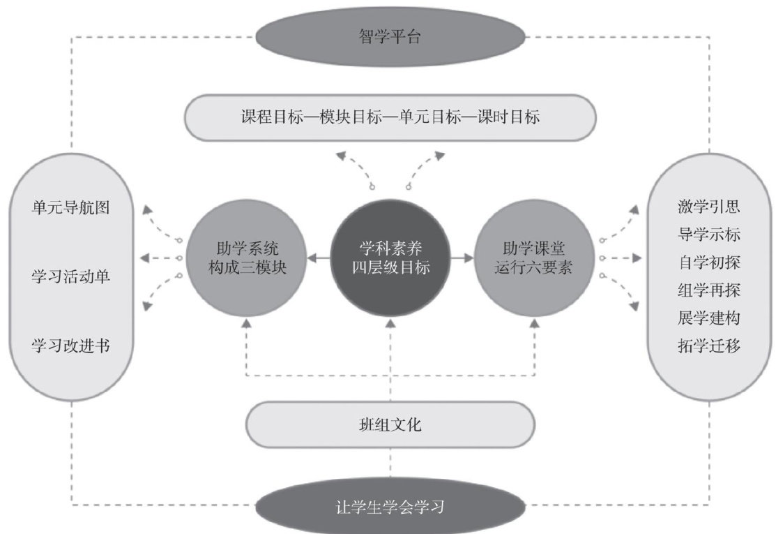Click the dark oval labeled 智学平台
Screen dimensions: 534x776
390,36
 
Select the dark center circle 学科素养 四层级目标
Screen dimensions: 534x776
390,258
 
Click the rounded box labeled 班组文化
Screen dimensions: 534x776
390,424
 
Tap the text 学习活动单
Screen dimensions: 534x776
70,276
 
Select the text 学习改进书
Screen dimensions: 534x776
70,346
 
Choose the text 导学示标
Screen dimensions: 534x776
708,235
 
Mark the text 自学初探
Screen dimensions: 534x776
708,262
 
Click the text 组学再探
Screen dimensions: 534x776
708,290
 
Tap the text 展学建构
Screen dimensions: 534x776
708,318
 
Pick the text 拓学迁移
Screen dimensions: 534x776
708,346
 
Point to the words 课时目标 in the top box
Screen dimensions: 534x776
514,117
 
